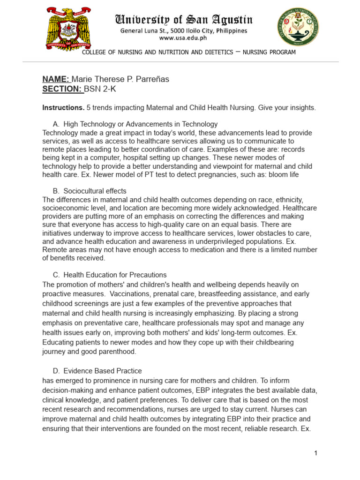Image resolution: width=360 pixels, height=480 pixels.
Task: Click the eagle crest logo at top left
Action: [x=68, y=29]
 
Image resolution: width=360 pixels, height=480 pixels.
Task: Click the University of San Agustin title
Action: [x=184, y=20]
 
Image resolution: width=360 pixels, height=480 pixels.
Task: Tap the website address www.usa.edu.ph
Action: [x=184, y=39]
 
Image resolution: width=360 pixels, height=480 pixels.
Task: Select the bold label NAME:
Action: [x=56, y=79]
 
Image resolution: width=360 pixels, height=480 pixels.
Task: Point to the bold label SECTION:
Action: [x=62, y=89]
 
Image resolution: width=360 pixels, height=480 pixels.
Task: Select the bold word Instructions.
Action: [x=63, y=108]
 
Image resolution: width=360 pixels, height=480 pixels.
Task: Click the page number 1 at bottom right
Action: [x=316, y=453]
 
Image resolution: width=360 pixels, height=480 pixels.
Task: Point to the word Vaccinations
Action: [x=133, y=294]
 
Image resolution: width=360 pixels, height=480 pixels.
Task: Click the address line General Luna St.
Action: [x=184, y=31]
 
